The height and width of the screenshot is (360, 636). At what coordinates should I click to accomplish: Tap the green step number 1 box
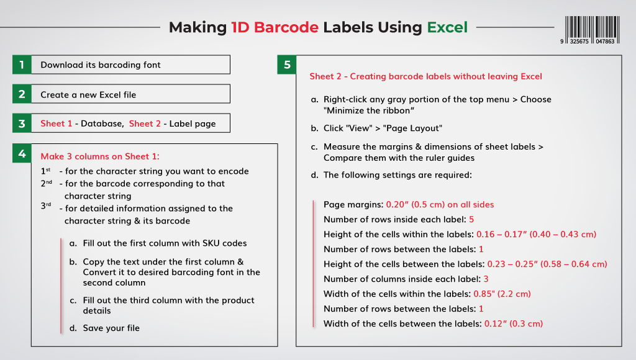22,65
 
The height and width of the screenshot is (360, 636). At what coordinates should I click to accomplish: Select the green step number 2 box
22,94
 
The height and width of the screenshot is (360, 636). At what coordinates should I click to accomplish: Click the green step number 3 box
22,124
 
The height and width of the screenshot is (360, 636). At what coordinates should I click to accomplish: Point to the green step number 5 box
286,65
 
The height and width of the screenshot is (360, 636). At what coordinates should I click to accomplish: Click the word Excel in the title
447,27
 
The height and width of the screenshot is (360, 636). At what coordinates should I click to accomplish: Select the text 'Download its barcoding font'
101,65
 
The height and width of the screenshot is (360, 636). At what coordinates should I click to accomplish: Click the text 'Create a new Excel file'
88,94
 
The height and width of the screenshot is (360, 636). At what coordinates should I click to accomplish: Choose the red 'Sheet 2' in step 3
145,124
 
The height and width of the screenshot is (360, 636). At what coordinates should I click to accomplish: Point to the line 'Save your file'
111,328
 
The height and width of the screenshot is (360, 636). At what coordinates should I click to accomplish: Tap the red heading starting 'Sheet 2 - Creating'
425,76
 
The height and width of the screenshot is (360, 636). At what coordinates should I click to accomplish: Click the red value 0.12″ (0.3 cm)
513,323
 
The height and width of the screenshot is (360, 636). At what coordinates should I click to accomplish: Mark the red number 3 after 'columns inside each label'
486,279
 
